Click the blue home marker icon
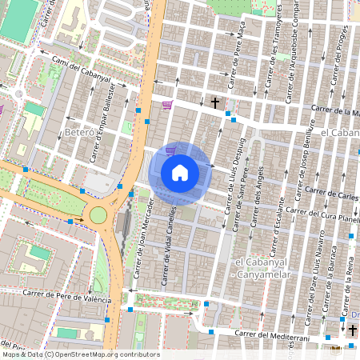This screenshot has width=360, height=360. [180, 173]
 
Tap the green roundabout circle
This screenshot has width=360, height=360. [98, 214]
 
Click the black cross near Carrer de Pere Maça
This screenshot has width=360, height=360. [214, 102]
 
